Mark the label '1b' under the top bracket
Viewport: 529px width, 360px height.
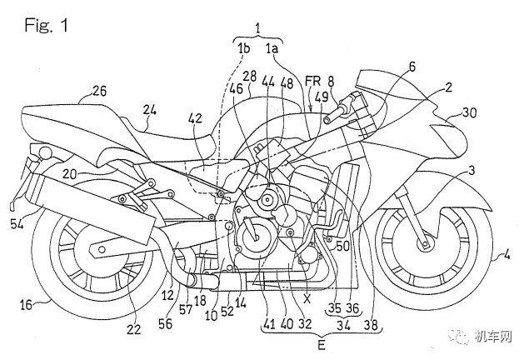pyautogui.click(x=245, y=49)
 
